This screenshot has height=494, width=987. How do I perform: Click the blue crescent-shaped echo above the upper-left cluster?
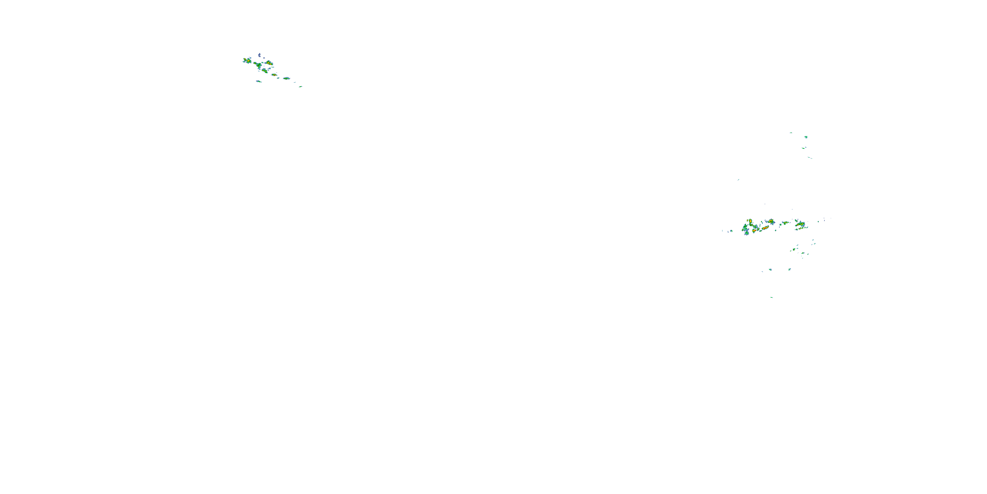[x=259, y=55]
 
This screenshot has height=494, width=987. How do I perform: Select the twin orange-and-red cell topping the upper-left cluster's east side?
[x=269, y=63]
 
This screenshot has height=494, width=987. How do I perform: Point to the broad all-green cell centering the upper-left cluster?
[x=258, y=65]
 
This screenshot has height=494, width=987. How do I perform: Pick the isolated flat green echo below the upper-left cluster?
[x=259, y=81]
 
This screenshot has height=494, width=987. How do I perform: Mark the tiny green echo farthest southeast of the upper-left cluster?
[x=300, y=87]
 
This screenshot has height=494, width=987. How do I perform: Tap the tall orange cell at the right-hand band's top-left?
[x=750, y=222]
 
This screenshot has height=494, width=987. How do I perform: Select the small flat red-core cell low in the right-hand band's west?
[x=754, y=231]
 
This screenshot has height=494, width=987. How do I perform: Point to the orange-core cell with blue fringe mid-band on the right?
[x=771, y=222]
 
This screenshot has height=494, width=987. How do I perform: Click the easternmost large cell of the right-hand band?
[x=800, y=225]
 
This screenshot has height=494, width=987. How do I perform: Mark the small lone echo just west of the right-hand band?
[x=731, y=231]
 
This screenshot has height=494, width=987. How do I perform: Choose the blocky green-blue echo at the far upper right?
[x=806, y=137]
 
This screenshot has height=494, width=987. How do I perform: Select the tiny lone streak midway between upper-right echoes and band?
[x=738, y=179]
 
